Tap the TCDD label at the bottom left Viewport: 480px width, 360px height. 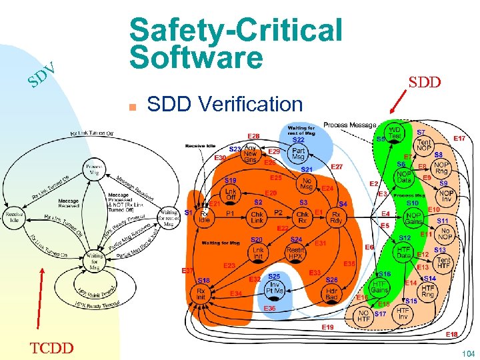coord(53,348)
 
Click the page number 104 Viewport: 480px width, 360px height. coord(468,353)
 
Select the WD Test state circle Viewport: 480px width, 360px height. coord(395,133)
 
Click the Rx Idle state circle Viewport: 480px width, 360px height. coord(205,217)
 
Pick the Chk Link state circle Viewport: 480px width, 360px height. coord(257,217)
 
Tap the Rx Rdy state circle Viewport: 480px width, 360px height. coord(336,217)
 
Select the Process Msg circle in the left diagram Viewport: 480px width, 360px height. coord(93,169)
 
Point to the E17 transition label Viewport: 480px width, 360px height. coord(459,138)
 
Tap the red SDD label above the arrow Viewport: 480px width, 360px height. coord(424,83)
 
